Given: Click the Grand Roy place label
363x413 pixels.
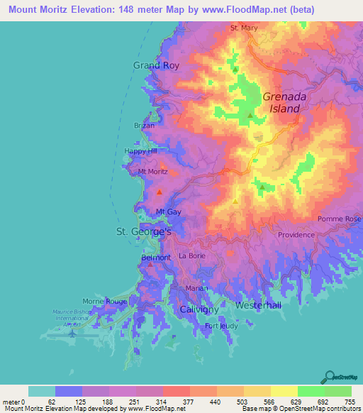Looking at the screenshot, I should pos(157,65).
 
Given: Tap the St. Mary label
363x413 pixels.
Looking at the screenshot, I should pos(244,28).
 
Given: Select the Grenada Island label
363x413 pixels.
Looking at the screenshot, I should pos(281,103).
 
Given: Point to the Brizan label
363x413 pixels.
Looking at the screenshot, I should pos(144,125).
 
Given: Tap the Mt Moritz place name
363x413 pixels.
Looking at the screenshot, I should pos(152,172).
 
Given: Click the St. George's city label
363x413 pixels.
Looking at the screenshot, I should pos(144,232).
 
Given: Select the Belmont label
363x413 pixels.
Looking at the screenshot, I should pos(156,258).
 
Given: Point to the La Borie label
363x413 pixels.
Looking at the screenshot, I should pos(192,255).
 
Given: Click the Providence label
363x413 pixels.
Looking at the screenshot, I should pos(296,235).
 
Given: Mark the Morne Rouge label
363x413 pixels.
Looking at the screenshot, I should pos(106,302).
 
